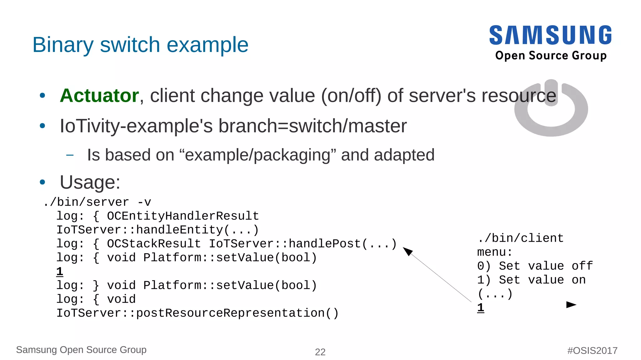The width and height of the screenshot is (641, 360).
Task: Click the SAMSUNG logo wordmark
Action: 550,35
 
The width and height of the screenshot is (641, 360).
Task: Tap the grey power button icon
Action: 551,108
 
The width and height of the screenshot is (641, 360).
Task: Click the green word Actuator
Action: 99,95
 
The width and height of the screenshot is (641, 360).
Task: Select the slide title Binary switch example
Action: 140,45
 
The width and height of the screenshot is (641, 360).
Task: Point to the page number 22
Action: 320,352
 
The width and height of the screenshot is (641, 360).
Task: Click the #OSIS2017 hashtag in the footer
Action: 592,351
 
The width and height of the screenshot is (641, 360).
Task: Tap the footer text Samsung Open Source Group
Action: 81,350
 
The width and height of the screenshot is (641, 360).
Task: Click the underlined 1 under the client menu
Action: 481,308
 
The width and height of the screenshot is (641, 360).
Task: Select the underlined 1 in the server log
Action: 60,271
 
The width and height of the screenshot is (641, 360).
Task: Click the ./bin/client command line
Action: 520,238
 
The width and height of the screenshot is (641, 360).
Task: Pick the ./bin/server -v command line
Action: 97,202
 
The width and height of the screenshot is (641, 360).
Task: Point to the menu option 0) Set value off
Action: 535,266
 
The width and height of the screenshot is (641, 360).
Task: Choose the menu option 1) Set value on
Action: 531,280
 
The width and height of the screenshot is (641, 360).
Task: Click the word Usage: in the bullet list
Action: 90,182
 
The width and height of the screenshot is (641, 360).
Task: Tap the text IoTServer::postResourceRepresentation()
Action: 197,313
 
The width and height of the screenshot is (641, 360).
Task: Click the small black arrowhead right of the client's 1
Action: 571,305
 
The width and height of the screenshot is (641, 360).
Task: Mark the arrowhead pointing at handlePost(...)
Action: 407,251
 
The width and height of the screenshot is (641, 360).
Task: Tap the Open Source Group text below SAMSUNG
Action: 551,56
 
